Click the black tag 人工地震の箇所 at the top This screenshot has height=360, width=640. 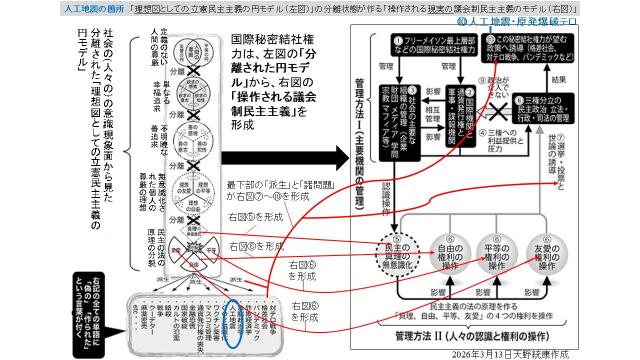pyautogui.click(x=35, y=6)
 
